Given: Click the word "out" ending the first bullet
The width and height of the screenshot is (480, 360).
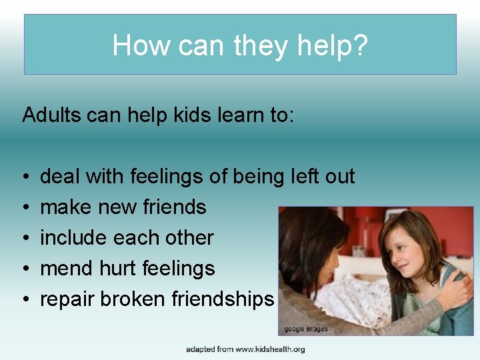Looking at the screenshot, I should coord(339,177).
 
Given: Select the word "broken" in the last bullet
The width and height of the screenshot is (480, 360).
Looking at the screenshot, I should coord(133,299).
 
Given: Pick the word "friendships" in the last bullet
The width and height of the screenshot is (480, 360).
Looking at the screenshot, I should coord(223,299).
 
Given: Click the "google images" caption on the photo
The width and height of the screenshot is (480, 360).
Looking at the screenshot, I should coord(306,329).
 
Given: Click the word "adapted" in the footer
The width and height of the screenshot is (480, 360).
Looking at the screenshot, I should coord(200,349).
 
